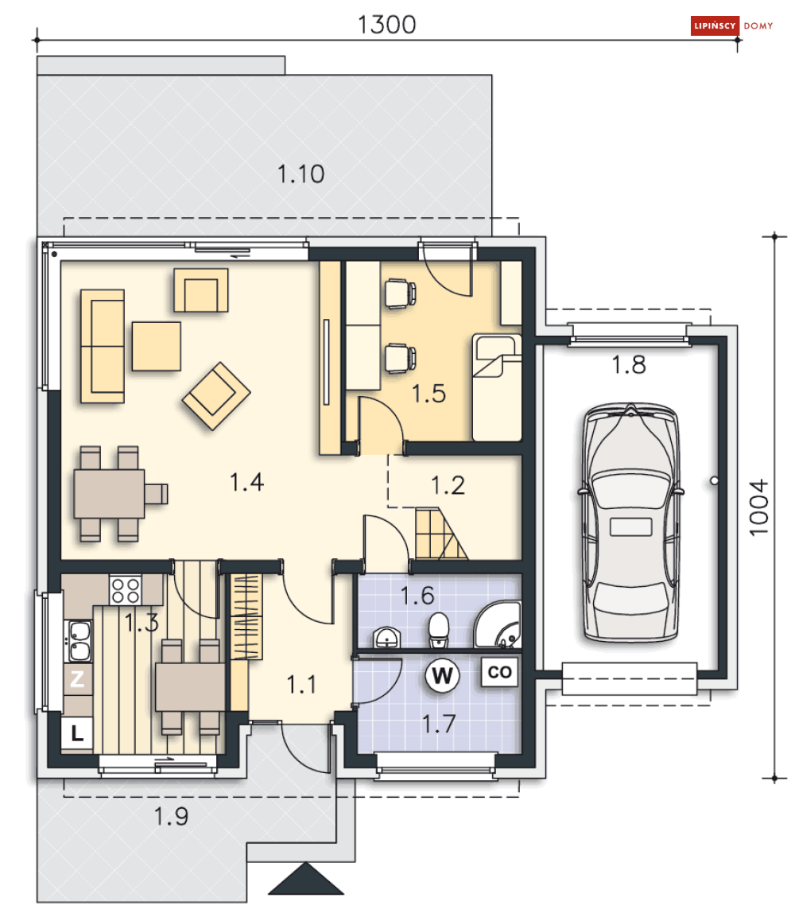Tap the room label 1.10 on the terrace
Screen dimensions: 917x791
(301, 173)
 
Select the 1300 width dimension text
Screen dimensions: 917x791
(387, 25)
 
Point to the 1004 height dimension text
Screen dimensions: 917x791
(761, 507)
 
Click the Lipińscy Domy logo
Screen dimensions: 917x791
(731, 26)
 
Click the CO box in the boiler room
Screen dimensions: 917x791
(500, 672)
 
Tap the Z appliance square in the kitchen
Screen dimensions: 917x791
(77, 680)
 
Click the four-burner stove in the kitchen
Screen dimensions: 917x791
(125, 589)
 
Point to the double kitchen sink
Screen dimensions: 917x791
(78, 642)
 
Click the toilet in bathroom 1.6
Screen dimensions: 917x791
(439, 629)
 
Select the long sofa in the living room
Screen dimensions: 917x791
(103, 345)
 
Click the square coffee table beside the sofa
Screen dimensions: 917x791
(157, 345)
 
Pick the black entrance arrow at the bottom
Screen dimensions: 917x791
(304, 880)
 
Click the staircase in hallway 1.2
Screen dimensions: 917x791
(440, 534)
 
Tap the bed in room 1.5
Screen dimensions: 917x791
(497, 387)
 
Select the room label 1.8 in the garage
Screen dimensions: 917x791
(628, 365)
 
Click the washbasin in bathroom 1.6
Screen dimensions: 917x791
(386, 637)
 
